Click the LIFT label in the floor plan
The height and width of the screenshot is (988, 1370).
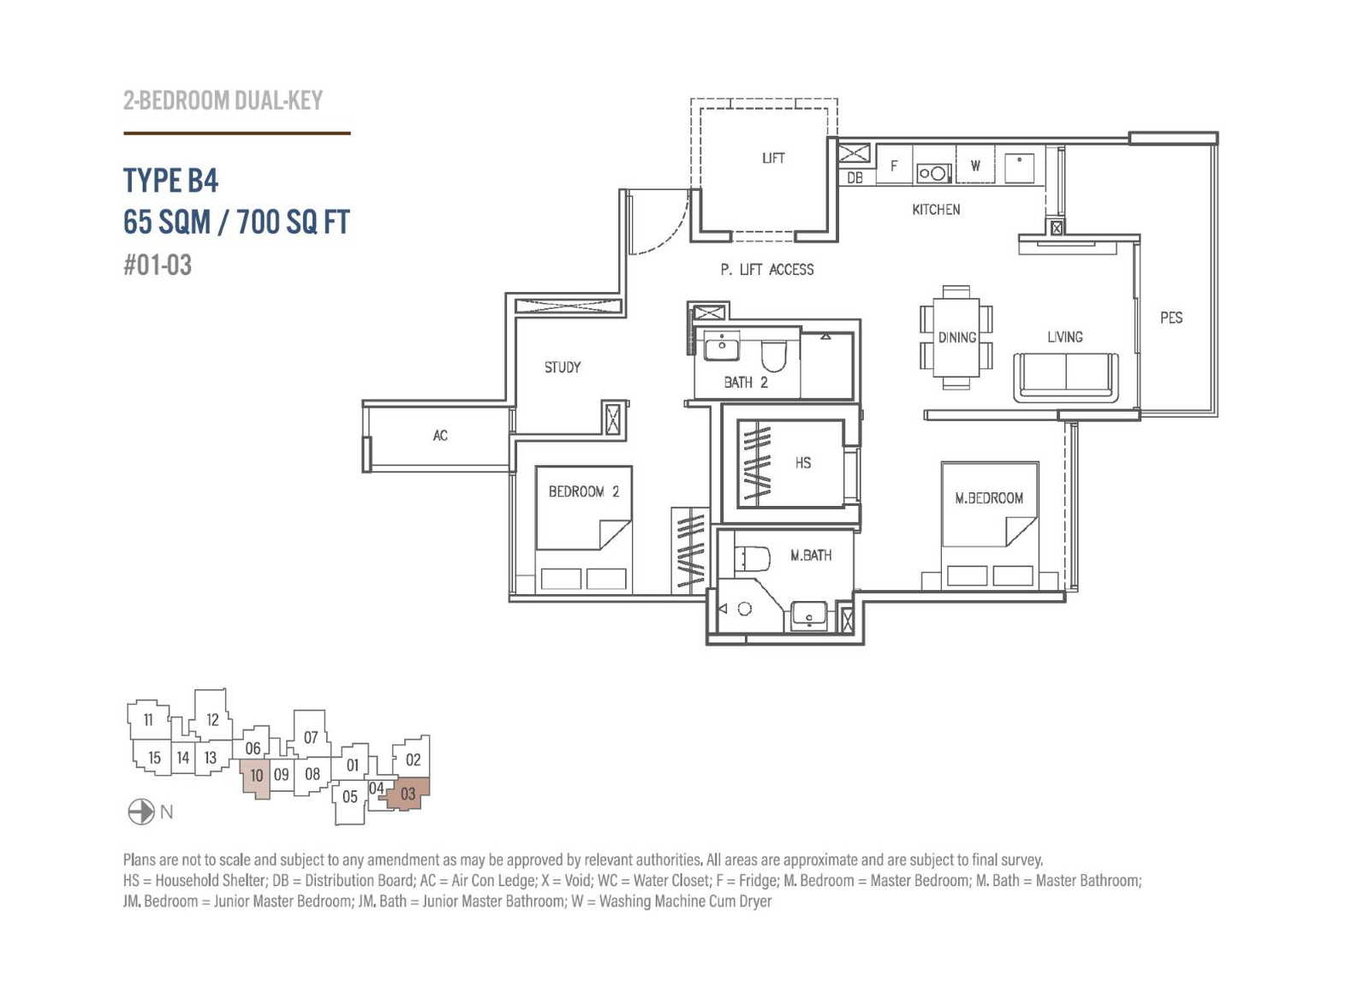(x=773, y=158)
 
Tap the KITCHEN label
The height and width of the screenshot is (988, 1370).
(x=936, y=210)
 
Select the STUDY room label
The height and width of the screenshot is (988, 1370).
(x=562, y=366)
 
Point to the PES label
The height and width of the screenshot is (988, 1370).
(x=1171, y=318)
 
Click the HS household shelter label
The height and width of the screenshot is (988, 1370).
(x=803, y=463)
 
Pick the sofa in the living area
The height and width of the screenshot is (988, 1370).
(x=1066, y=377)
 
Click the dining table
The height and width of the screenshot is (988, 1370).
(x=956, y=337)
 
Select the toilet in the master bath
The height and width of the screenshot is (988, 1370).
(x=753, y=559)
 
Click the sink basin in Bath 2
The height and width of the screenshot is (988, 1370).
(x=722, y=347)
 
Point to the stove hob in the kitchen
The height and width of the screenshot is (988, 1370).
(x=933, y=174)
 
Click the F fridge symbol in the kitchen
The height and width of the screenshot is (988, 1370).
(x=894, y=166)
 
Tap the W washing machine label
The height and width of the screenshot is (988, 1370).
(x=975, y=165)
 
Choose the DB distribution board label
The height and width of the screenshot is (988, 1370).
(x=855, y=178)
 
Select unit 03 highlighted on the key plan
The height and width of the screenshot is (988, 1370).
(x=408, y=795)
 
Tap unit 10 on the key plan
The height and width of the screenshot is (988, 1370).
(x=256, y=777)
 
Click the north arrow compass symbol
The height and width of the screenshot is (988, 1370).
(x=140, y=812)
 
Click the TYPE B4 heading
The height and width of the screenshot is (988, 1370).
(x=170, y=181)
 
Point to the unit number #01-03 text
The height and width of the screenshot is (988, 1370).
(x=158, y=265)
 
